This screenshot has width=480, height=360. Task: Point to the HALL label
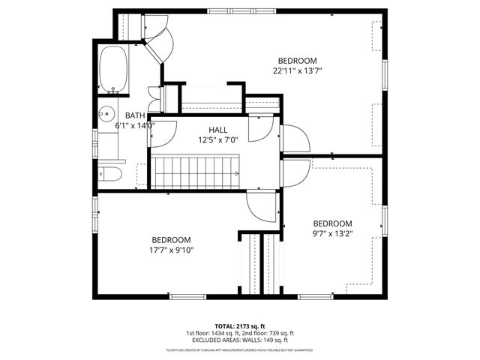coord(218,130)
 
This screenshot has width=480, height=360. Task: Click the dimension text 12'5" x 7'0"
coord(218,139)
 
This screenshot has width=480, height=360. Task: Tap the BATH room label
coord(135,115)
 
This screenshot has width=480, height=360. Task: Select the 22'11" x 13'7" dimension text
coord(297,71)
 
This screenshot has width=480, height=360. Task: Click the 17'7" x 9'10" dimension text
coord(172,250)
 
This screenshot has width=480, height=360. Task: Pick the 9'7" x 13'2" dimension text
coord(332,233)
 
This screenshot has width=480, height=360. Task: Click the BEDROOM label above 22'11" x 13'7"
coord(298,61)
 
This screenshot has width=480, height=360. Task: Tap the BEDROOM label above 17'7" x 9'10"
coord(172,239)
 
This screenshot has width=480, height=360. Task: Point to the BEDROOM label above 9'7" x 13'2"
coord(332,223)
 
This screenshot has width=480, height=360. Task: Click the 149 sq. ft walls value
coord(272,340)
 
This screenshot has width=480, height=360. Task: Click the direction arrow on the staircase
coord(236,174)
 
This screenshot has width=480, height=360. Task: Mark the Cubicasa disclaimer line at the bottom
coord(240,349)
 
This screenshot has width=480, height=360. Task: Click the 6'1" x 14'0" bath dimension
coord(135,126)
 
